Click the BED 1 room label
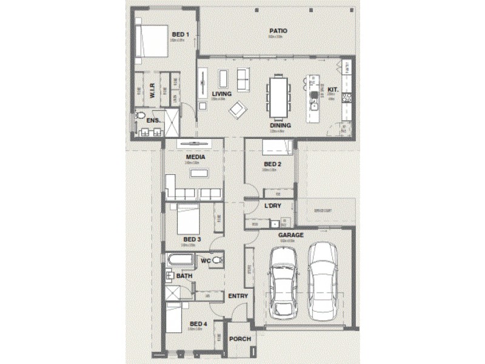click(181, 34)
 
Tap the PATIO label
click(278, 30)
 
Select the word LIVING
click(222, 93)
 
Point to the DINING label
click(280, 126)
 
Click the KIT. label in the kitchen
click(332, 89)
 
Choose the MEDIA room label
click(195, 157)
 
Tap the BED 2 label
click(272, 164)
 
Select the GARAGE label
click(290, 235)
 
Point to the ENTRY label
click(238, 296)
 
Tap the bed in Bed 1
click(151, 41)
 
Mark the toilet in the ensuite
click(141, 115)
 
